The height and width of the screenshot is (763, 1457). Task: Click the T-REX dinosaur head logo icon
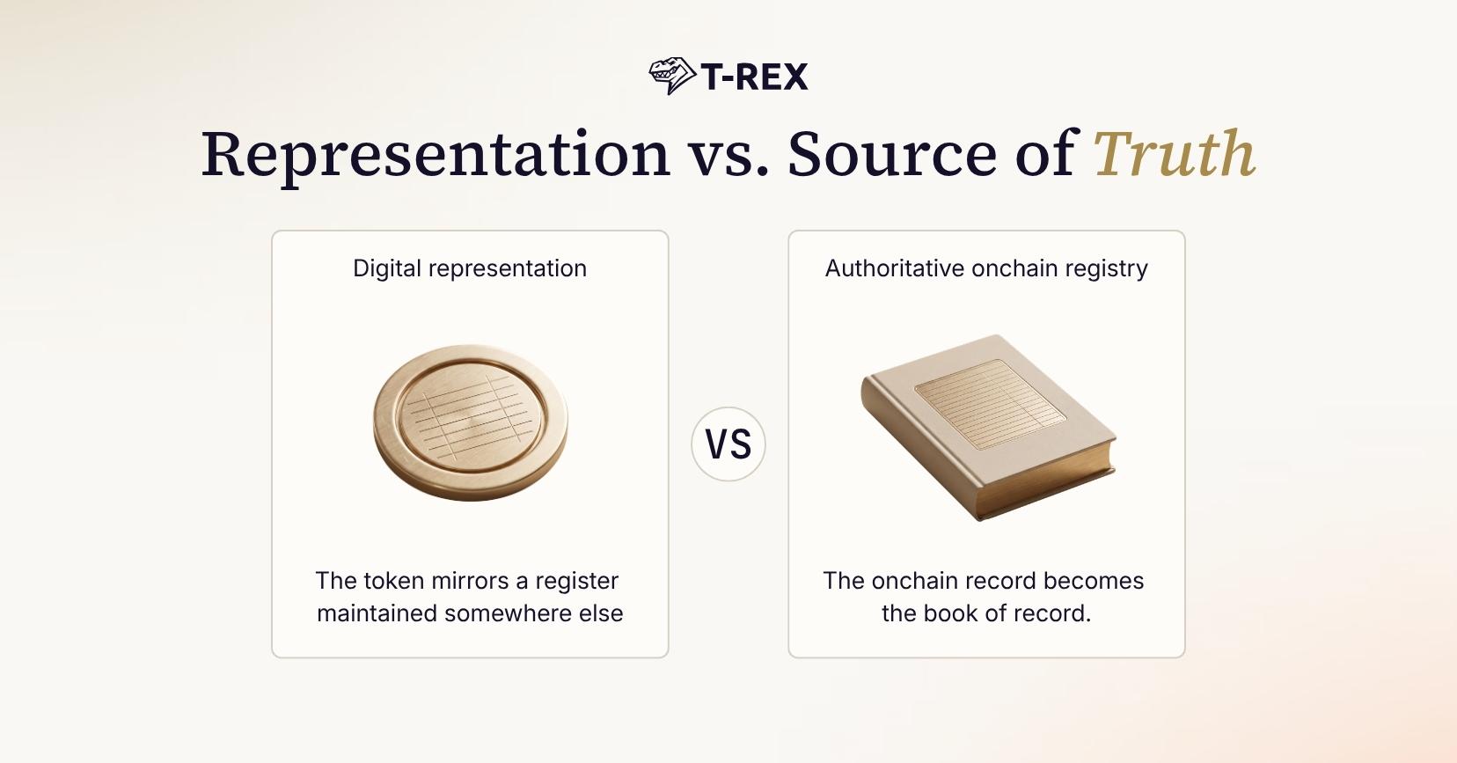[672, 76]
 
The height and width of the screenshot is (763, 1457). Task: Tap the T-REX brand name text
[755, 77]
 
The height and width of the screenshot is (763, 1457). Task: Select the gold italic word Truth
[1175, 153]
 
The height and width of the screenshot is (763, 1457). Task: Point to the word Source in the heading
[892, 153]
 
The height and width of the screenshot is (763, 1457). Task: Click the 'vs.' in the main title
[728, 160]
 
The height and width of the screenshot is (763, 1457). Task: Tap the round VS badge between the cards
[728, 444]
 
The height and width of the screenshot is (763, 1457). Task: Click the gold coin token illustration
[471, 422]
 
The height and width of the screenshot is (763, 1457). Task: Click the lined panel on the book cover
[990, 404]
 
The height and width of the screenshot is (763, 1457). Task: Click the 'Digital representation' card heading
[470, 268]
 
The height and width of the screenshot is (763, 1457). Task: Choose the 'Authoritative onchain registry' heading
[986, 268]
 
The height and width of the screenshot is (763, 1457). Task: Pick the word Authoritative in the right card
[895, 268]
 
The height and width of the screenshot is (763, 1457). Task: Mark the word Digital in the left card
[387, 268]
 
